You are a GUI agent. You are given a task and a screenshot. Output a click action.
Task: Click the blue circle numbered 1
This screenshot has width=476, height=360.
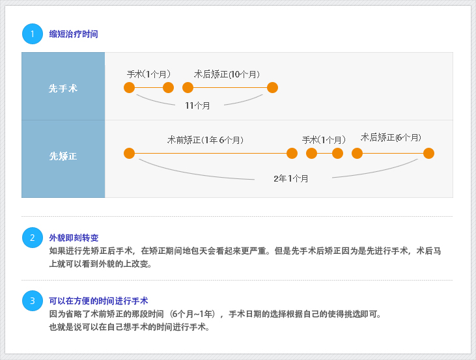click(x=33, y=34)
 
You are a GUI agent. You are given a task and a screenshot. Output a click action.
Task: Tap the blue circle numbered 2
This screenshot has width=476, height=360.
click(x=33, y=238)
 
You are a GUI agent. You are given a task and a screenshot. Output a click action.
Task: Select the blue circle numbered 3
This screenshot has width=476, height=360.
click(x=33, y=301)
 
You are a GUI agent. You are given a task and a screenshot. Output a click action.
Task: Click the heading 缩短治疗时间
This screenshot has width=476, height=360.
click(x=74, y=34)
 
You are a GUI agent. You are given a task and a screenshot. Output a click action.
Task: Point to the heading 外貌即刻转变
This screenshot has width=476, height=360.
click(x=74, y=238)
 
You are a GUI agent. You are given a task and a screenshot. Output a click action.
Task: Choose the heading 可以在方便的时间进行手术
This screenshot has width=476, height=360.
click(x=98, y=301)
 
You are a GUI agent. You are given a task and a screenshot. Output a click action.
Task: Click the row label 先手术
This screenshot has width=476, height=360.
click(x=63, y=89)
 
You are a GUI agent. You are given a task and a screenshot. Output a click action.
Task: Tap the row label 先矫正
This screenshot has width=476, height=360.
click(x=63, y=156)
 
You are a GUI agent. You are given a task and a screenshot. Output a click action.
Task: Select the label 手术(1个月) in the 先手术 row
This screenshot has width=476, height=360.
click(x=148, y=74)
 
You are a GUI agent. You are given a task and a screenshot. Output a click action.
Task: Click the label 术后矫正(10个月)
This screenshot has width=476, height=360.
click(x=227, y=74)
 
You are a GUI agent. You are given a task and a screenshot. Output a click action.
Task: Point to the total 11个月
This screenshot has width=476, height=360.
click(x=197, y=105)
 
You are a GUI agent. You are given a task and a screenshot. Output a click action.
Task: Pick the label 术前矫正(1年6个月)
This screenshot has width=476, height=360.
click(x=206, y=140)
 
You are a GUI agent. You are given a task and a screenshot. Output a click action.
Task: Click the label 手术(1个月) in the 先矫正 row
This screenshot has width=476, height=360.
click(x=324, y=140)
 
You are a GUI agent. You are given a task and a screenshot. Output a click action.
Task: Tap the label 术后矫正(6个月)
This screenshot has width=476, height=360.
click(x=391, y=137)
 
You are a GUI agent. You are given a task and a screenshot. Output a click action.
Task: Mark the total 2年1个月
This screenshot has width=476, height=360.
click(x=291, y=178)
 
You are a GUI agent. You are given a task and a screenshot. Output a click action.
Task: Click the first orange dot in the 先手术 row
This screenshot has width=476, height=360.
click(x=130, y=88)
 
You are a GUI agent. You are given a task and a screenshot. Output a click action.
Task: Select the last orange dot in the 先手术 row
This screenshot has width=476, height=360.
click(x=273, y=88)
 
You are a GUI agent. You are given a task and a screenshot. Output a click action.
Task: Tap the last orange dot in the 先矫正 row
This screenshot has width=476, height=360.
click(x=428, y=153)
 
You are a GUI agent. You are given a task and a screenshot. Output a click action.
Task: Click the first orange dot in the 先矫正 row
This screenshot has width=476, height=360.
click(x=130, y=153)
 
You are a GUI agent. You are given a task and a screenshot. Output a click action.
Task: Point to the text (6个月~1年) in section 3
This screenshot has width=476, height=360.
click(x=192, y=314)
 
